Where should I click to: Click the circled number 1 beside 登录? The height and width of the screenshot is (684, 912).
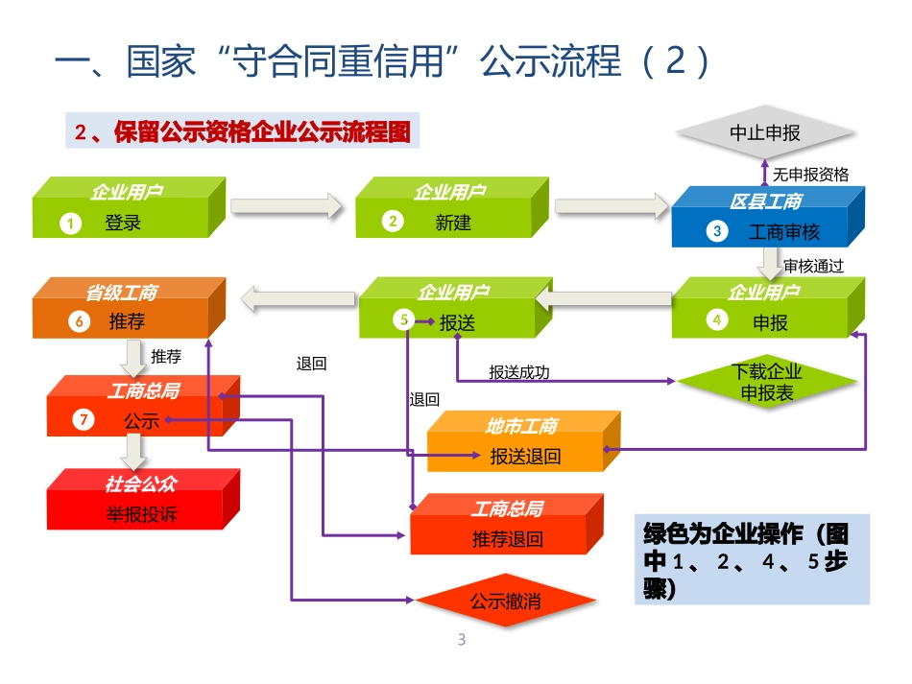click(x=70, y=224)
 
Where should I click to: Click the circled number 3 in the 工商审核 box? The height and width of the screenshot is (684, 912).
click(x=715, y=231)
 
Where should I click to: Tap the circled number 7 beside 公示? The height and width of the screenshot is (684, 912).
click(x=84, y=420)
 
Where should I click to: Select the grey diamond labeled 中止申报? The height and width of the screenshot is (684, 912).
click(x=764, y=133)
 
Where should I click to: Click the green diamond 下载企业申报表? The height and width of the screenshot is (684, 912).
click(x=766, y=382)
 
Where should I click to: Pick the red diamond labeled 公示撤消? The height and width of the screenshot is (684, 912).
click(x=505, y=602)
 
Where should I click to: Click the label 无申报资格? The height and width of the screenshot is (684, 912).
click(x=811, y=175)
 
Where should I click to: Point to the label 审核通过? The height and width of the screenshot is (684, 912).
click(x=813, y=266)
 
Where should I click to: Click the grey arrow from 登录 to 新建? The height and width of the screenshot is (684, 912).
click(x=286, y=205)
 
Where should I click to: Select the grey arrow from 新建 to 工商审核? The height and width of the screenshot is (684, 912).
click(x=612, y=205)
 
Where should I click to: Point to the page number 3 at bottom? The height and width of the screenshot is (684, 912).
click(x=462, y=641)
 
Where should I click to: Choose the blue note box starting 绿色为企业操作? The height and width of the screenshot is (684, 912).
click(x=752, y=559)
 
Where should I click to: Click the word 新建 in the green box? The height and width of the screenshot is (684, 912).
click(x=453, y=224)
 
